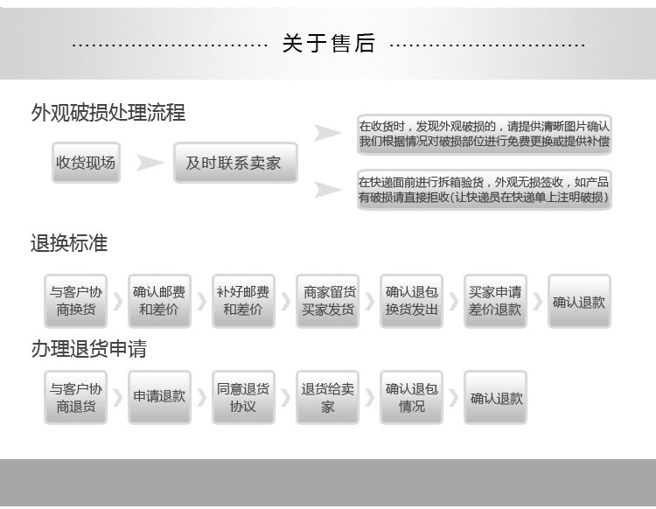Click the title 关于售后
[x=328, y=43]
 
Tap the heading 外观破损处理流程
[x=108, y=113]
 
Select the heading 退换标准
[x=69, y=243]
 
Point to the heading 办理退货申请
[x=88, y=349]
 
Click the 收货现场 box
[x=86, y=163]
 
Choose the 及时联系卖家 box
[x=234, y=163]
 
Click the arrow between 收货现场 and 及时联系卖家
[x=150, y=163]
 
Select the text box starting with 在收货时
[x=484, y=134]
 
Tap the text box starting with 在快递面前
[x=484, y=190]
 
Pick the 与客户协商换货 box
[x=75, y=301]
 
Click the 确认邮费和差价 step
[x=159, y=301]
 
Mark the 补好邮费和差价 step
[x=243, y=301]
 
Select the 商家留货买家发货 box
[x=328, y=301]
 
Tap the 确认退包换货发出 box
[x=412, y=301]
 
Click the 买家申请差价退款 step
[x=495, y=301]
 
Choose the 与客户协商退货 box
[x=75, y=398]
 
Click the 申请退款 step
[x=159, y=398]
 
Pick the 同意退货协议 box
[x=243, y=398]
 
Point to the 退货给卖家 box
[x=328, y=398]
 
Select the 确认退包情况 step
[x=412, y=398]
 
